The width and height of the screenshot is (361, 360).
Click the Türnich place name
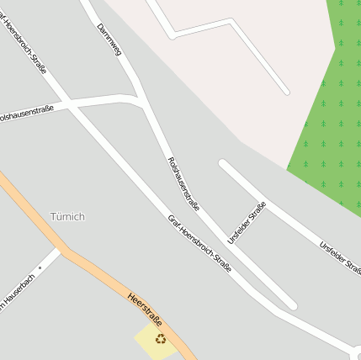click(67, 216)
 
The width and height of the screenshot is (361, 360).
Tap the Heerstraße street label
click(144, 308)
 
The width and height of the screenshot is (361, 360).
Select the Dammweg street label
click(109, 39)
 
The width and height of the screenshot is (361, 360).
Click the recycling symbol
click(160, 339)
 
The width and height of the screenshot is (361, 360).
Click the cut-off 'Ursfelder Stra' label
click(340, 257)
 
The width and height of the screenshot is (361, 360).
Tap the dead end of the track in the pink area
click(286, 91)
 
